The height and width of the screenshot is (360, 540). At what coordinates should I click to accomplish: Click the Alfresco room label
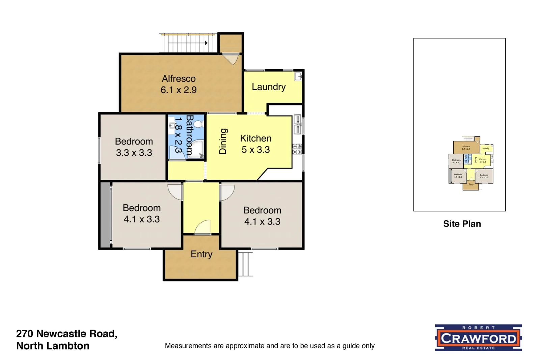pos(179,79)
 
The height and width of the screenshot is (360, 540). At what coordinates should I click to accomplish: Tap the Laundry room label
pos(269,87)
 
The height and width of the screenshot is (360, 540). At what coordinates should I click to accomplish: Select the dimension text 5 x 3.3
pos(255,150)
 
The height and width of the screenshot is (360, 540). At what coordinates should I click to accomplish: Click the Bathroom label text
pos(190,135)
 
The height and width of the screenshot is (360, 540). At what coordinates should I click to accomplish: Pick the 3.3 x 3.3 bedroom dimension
pos(134,153)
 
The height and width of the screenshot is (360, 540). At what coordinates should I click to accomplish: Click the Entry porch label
pos(201,254)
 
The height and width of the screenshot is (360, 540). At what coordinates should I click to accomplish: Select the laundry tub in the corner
pos(298,76)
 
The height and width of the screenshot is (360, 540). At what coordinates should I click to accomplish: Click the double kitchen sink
pos(297,124)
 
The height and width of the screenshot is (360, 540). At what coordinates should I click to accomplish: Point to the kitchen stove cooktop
pos(297,149)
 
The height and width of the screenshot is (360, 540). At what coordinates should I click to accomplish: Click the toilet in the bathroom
pos(198,124)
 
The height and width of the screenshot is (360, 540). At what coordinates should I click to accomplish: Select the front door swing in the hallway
pos(203,227)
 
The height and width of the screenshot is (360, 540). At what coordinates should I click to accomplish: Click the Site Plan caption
pos(462,224)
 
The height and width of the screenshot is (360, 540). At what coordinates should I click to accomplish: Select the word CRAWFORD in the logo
pos(478,338)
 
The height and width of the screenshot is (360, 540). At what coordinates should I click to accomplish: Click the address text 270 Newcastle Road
pos(66,334)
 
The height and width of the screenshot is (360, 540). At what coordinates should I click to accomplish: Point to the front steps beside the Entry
pos(246,264)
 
